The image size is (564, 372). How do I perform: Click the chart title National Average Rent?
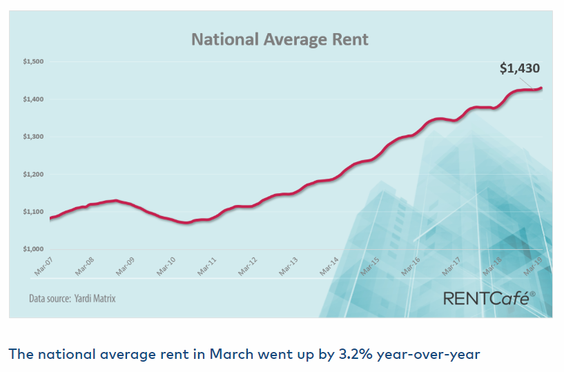(280, 39)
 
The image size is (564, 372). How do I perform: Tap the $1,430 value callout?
(519, 68)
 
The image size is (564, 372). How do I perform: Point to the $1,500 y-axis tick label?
(33, 62)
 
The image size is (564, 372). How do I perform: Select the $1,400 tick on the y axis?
(33, 99)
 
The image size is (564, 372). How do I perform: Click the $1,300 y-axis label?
(33, 137)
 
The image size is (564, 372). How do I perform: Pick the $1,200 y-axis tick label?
(33, 174)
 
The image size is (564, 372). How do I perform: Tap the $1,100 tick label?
(33, 212)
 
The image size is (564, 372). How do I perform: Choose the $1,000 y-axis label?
(33, 249)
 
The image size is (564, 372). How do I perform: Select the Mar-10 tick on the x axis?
(166, 266)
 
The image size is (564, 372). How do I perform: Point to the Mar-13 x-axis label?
(288, 266)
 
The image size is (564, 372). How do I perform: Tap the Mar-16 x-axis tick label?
(411, 266)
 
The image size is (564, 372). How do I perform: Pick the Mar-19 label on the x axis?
(533, 266)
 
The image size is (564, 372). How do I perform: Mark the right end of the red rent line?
(541, 88)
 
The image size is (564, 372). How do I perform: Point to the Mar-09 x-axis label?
(125, 266)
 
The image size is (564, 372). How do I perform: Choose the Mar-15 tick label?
(370, 266)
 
